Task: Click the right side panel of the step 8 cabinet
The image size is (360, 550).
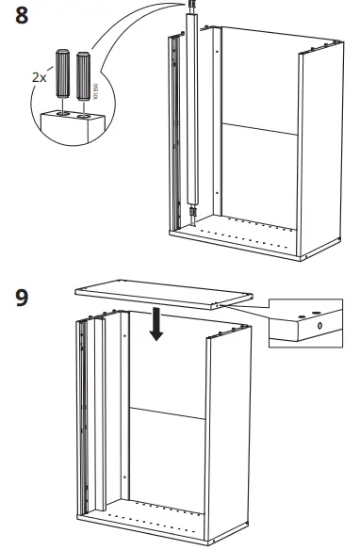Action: (x=317, y=151)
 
